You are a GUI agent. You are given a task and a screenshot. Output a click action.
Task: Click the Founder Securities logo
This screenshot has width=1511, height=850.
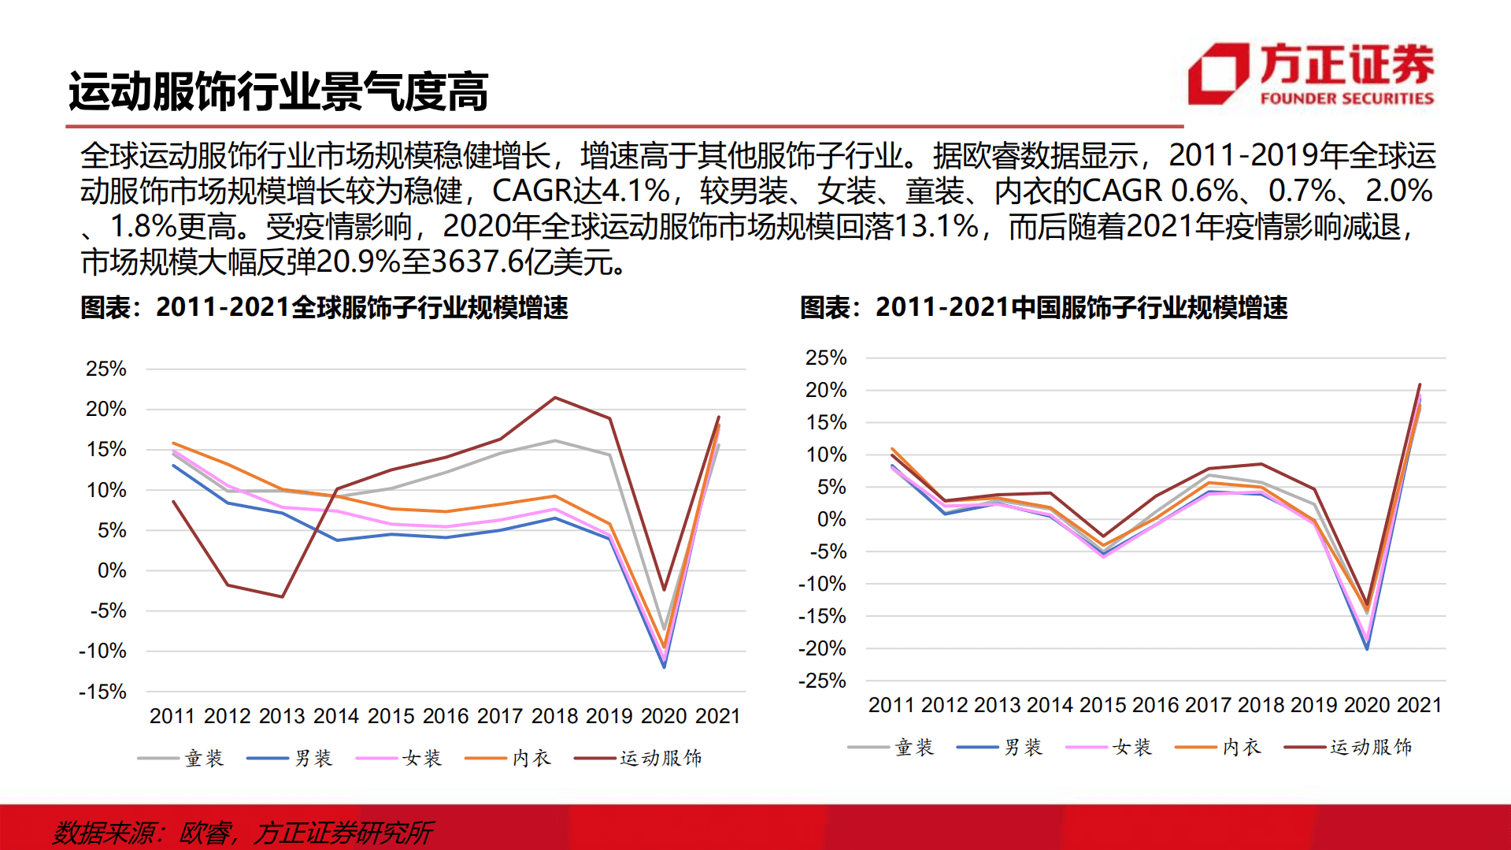[x=1310, y=74]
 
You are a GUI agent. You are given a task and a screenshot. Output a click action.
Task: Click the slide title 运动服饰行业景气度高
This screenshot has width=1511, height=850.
[x=278, y=92]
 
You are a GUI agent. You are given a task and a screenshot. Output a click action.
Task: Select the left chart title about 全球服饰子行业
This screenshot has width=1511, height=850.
[x=324, y=307]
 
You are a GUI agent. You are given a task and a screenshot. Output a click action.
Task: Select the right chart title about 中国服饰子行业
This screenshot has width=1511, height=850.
[x=1043, y=307]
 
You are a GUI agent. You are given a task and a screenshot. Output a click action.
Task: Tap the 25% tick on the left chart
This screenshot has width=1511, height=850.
[x=106, y=369]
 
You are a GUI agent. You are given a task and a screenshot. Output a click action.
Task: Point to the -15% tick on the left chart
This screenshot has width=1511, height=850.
[x=102, y=692]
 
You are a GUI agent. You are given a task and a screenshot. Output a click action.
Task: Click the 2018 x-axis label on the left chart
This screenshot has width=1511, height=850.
[x=554, y=716]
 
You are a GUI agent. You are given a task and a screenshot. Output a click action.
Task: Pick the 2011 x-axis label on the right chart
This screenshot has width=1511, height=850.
[x=891, y=705]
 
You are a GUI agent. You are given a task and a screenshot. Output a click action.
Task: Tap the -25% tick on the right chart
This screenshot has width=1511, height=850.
[x=822, y=681]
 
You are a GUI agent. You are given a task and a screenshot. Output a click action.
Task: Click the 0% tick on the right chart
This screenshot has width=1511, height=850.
[x=831, y=519]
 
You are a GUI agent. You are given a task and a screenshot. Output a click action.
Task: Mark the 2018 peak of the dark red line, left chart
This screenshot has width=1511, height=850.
[x=555, y=398]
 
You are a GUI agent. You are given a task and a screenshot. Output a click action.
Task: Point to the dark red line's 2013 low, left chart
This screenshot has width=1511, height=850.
[x=282, y=596]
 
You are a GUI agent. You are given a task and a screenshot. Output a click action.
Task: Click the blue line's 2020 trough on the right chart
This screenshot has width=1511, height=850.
[x=1367, y=648]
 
